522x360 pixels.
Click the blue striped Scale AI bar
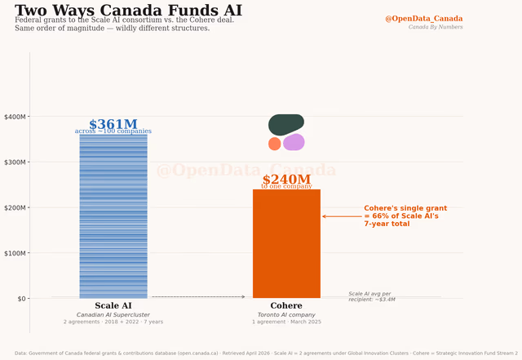pos(113,216)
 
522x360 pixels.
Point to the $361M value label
pos(113,124)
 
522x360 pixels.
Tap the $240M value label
pos(286,180)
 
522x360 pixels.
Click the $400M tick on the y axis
pos(15,117)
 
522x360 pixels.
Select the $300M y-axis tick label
pos(15,162)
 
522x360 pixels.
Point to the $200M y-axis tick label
pos(15,207)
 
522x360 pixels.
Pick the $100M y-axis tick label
pos(15,253)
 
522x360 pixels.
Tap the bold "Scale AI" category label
pos(113,306)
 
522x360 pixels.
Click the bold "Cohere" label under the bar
pos(286,306)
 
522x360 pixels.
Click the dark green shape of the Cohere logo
pos(285,124)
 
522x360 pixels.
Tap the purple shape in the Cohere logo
pos(294,142)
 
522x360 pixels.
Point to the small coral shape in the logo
pos(275,144)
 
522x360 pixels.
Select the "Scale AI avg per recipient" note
pos(371,296)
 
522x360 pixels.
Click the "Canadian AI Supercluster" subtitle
pos(113,314)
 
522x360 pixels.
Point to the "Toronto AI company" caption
pos(286,314)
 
